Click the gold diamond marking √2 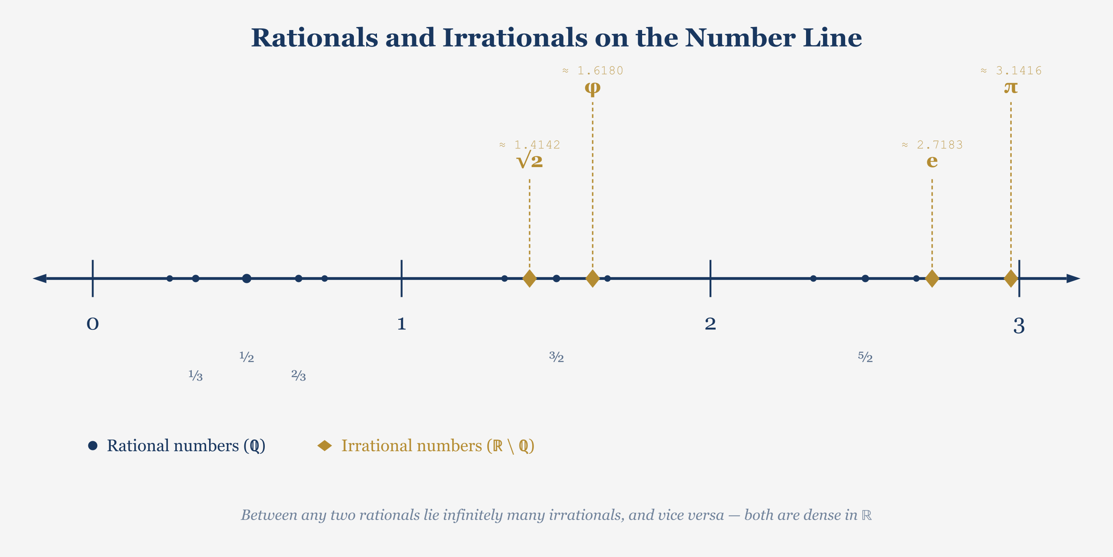(529, 278)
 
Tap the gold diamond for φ (593, 278)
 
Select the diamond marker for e (932, 278)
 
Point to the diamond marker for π (1011, 278)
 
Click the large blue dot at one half (247, 278)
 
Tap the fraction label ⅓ (196, 375)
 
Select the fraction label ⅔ (299, 375)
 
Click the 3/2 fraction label (556, 357)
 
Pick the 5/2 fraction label (865, 357)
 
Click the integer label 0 (93, 324)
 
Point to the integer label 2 (710, 324)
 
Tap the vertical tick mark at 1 (401, 278)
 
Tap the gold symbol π (1011, 87)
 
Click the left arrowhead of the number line (40, 278)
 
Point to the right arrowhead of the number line (1073, 278)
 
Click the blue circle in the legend (93, 446)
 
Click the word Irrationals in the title (515, 38)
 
